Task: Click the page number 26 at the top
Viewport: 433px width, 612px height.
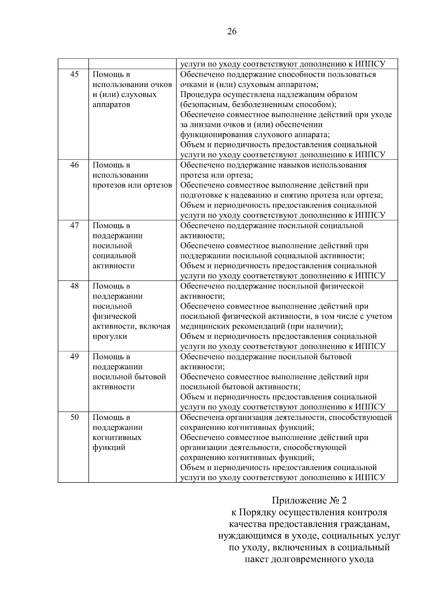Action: pyautogui.click(x=232, y=32)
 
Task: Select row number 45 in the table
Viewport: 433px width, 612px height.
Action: pyautogui.click(x=74, y=75)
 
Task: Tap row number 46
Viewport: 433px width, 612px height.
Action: pyautogui.click(x=74, y=165)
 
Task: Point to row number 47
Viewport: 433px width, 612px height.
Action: pyautogui.click(x=74, y=226)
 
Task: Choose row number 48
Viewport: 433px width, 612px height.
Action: pyautogui.click(x=74, y=286)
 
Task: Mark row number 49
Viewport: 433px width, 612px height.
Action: pyautogui.click(x=74, y=357)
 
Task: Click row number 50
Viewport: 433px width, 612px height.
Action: pyautogui.click(x=74, y=417)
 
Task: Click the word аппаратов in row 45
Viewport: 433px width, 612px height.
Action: pyautogui.click(x=111, y=105)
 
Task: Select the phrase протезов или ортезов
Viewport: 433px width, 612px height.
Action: pyautogui.click(x=132, y=185)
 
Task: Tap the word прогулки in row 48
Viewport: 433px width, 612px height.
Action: pyautogui.click(x=110, y=336)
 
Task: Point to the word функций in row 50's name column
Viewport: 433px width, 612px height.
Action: pyautogui.click(x=109, y=448)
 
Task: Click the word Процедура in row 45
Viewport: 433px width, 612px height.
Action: pyautogui.click(x=200, y=95)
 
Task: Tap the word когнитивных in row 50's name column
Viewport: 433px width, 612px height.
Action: pyautogui.click(x=117, y=437)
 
